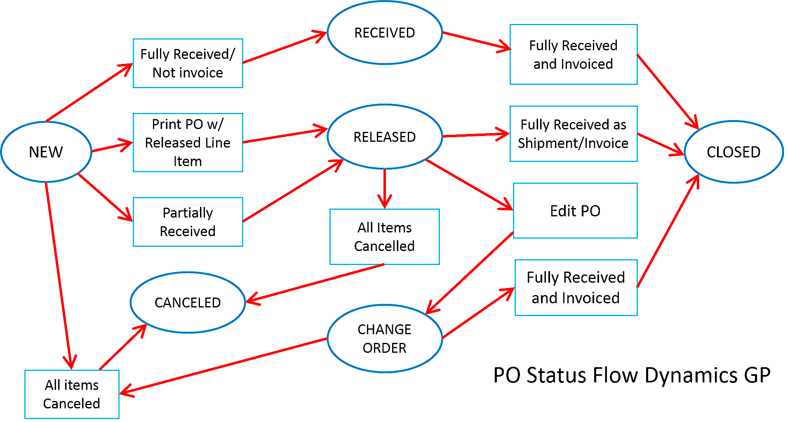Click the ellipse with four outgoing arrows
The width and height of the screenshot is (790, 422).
tap(46, 151)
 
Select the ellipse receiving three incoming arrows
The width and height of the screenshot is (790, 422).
tap(734, 152)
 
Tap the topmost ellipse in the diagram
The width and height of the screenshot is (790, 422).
tap(384, 33)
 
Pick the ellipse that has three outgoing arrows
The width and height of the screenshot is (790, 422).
tap(384, 136)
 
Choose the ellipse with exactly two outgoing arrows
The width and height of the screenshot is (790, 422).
tap(384, 338)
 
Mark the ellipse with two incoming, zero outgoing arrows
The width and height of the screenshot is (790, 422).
tap(188, 302)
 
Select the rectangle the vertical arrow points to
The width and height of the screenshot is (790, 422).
tap(384, 237)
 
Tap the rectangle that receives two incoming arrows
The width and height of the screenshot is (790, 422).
tap(72, 394)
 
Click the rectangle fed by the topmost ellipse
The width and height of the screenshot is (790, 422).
tap(573, 54)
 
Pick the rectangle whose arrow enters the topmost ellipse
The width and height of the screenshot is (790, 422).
tap(188, 63)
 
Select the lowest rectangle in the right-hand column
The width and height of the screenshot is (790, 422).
tap(576, 288)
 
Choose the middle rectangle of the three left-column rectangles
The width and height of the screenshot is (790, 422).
tap(188, 142)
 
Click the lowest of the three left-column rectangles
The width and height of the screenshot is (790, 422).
tap(188, 222)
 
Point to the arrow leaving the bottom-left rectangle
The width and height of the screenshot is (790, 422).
tap(122, 347)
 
